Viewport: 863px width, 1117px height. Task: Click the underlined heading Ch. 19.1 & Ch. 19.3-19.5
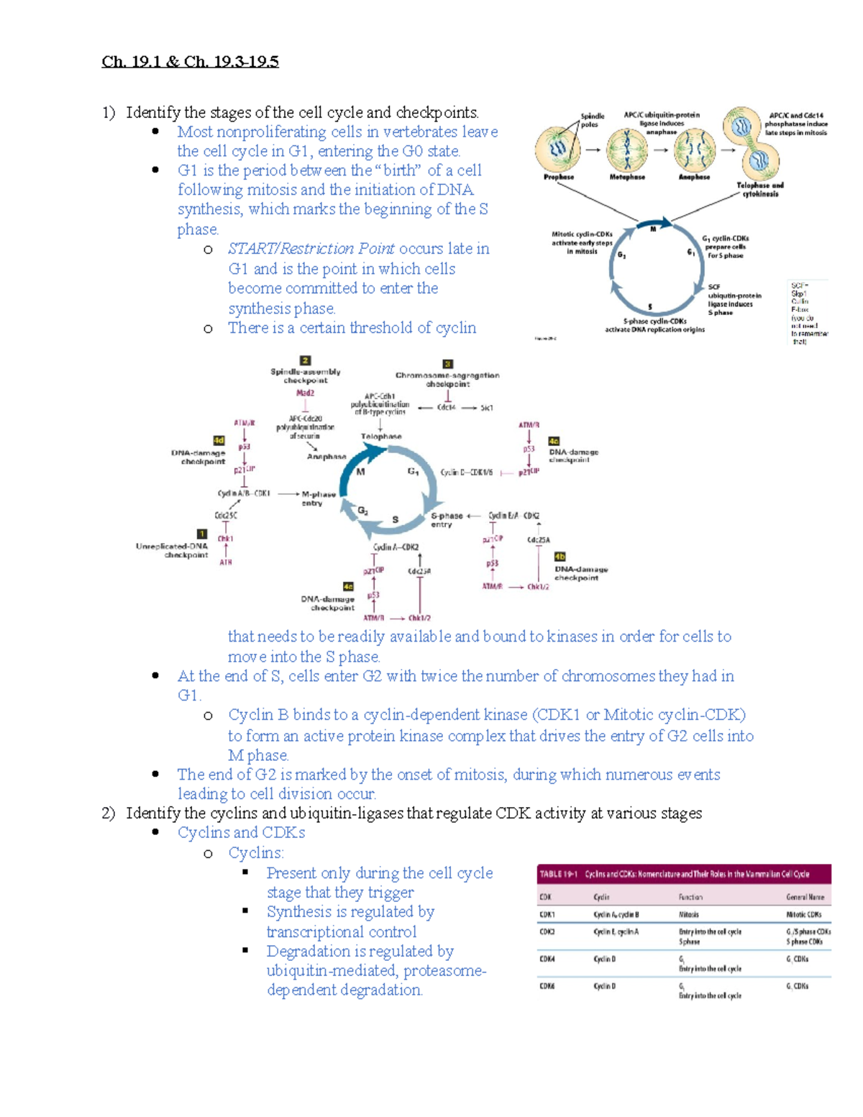(x=190, y=62)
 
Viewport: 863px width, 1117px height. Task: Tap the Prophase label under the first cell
(x=558, y=177)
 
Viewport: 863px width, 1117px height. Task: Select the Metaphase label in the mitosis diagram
(x=627, y=177)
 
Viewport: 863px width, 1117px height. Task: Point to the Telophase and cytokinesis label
(x=760, y=189)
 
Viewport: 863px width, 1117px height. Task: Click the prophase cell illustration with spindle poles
(x=558, y=149)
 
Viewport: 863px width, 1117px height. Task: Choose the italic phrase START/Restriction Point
(x=311, y=249)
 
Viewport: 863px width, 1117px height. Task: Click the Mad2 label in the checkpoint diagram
(x=305, y=393)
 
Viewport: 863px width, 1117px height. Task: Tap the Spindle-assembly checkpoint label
(x=305, y=376)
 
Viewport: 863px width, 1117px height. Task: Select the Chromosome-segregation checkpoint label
(x=447, y=379)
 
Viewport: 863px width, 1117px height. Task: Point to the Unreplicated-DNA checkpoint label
(x=172, y=550)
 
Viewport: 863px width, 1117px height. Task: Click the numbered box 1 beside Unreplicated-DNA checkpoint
(x=202, y=534)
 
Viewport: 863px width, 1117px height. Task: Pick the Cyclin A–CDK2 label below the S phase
(x=396, y=547)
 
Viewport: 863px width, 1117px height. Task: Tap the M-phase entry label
(x=318, y=498)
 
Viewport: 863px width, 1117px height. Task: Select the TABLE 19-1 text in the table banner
(x=558, y=874)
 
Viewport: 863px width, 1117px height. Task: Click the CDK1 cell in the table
(x=547, y=915)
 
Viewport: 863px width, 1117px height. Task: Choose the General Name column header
(x=805, y=897)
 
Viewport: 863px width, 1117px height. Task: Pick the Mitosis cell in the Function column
(x=689, y=915)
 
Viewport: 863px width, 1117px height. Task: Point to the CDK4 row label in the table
(x=547, y=959)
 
